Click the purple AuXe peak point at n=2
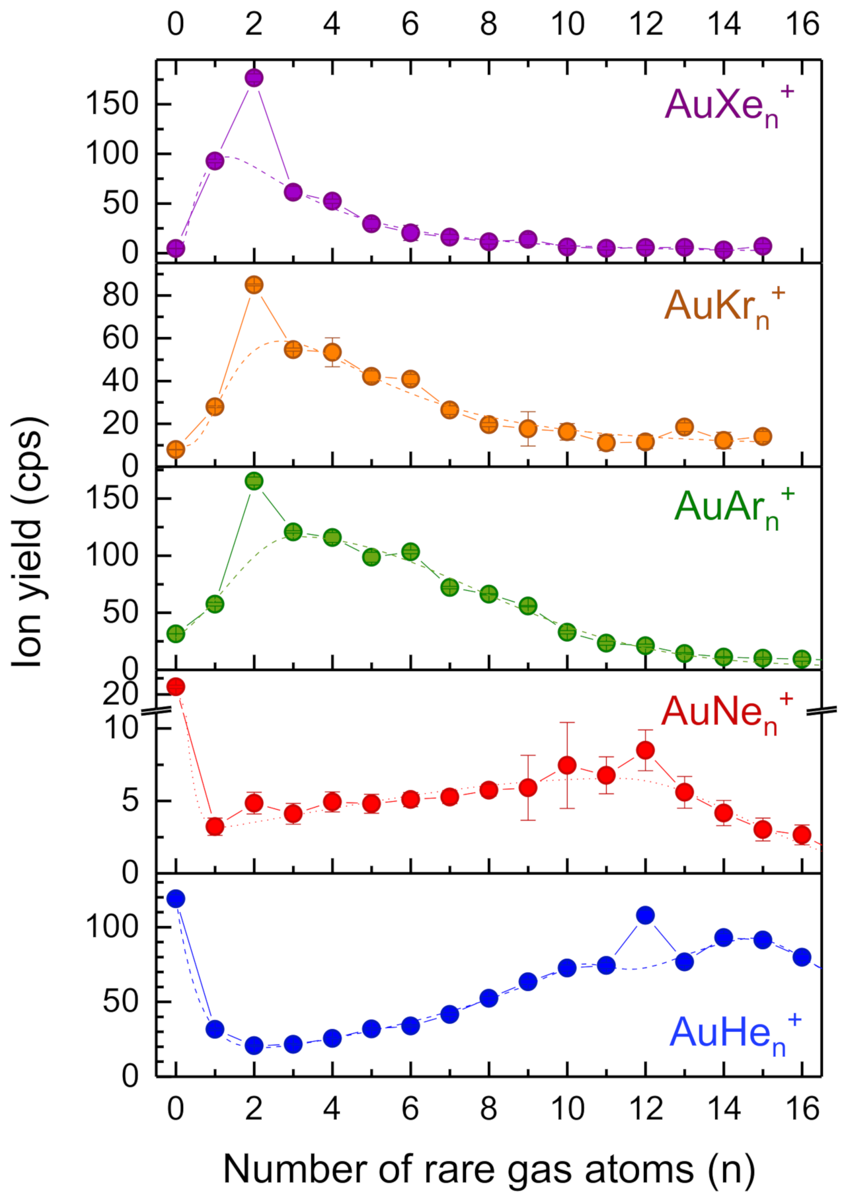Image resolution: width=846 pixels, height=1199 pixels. (x=254, y=78)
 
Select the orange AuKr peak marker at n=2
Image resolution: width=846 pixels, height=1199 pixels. (x=254, y=285)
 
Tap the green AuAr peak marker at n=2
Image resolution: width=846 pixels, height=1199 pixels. (x=254, y=481)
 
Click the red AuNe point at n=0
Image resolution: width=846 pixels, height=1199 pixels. (x=175, y=687)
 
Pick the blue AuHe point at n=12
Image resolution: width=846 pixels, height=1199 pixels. (x=645, y=915)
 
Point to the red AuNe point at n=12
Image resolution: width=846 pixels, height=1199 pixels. (x=645, y=750)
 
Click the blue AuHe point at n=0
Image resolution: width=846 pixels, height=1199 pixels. (x=175, y=898)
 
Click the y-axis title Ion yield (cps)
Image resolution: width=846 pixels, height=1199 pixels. (x=28, y=542)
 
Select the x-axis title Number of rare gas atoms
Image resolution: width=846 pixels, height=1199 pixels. (x=489, y=1169)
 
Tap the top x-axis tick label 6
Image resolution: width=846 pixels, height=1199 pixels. (x=410, y=25)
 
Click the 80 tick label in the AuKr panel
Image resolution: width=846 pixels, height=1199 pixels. (x=120, y=295)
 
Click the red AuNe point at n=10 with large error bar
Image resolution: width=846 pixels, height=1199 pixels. (x=566, y=765)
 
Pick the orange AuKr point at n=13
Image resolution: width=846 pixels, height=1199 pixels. (x=684, y=427)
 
